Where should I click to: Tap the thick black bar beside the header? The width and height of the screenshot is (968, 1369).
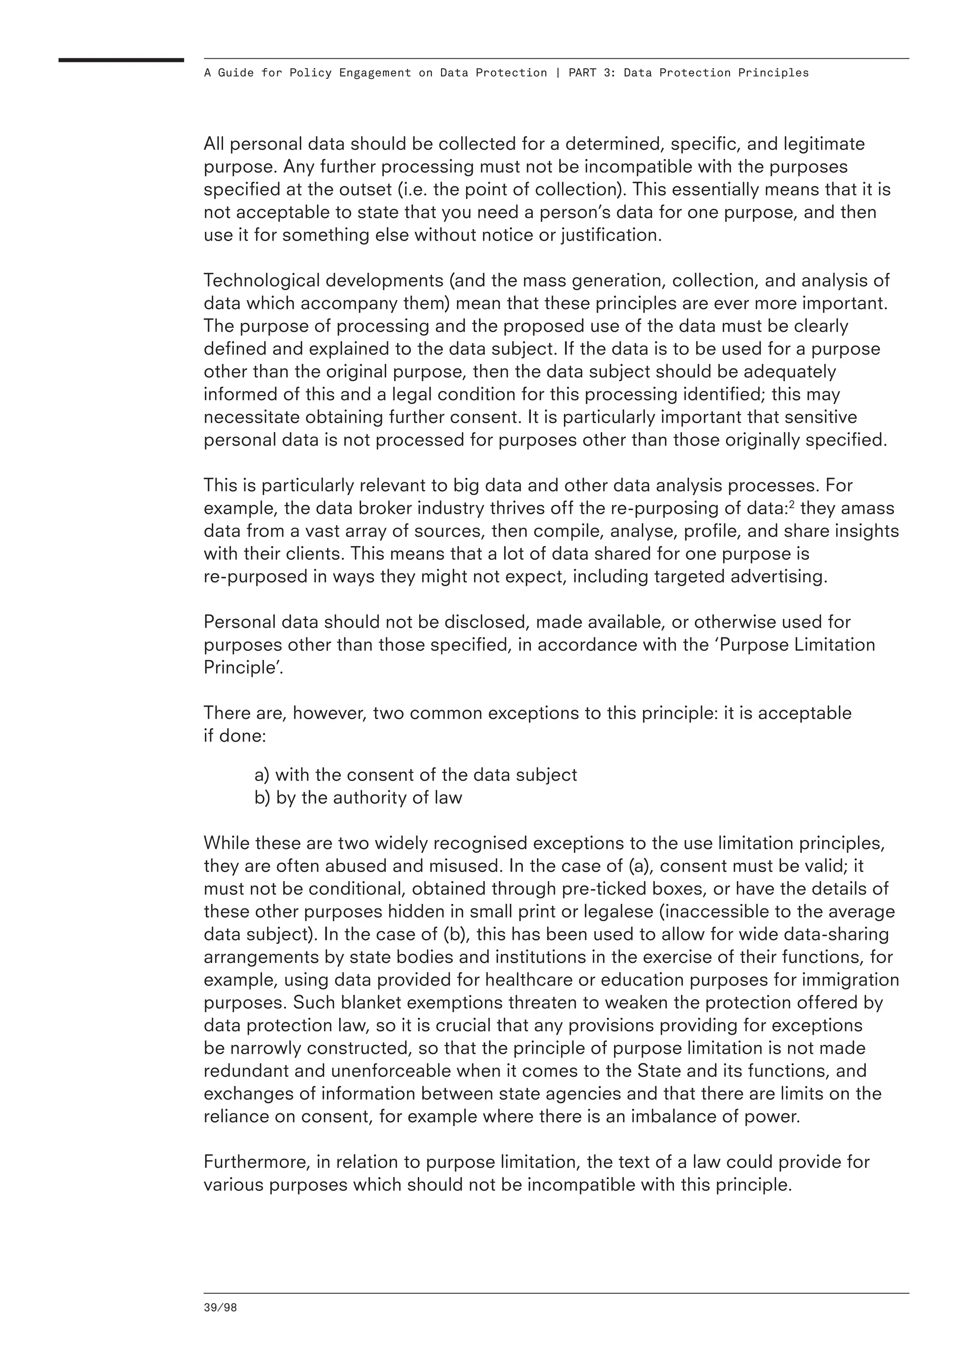click(x=121, y=60)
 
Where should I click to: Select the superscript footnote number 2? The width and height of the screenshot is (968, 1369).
click(x=792, y=504)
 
